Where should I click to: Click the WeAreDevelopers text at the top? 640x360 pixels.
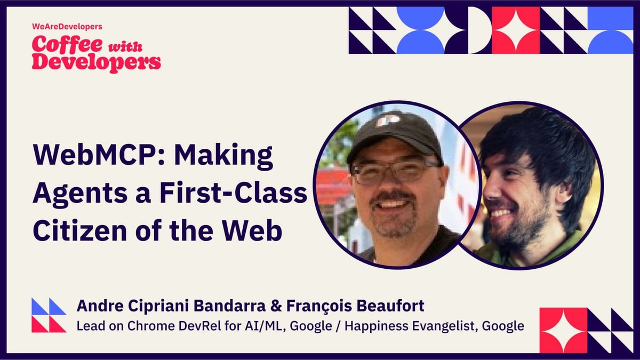click(x=60, y=26)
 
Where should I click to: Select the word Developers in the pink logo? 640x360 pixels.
click(x=96, y=62)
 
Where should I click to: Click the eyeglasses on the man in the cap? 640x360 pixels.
click(x=395, y=172)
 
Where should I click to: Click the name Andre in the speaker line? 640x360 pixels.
click(x=97, y=306)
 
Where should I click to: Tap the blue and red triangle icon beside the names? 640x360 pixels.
click(x=49, y=315)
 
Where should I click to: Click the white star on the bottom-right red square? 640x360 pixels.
click(x=563, y=331)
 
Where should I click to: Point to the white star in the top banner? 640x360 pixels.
click(x=515, y=30)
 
